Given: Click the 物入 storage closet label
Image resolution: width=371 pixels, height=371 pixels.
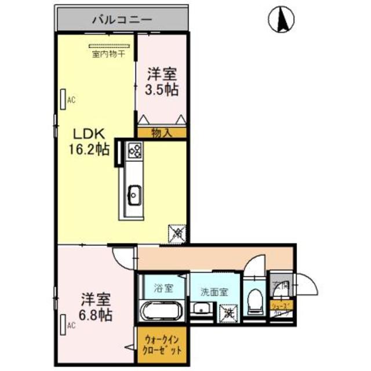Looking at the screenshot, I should tap(162, 133).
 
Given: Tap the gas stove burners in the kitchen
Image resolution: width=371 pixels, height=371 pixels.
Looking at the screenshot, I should tap(135, 151).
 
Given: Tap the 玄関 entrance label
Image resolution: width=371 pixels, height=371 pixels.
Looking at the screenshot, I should tap(281, 285).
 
